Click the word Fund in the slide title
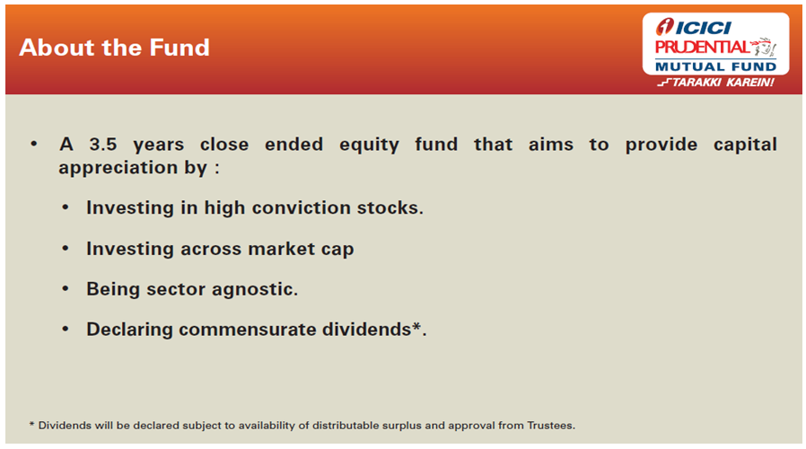(x=180, y=48)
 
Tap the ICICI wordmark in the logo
(x=703, y=27)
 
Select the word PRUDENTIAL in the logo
(x=702, y=48)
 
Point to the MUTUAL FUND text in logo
(x=715, y=66)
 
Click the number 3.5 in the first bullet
(x=103, y=145)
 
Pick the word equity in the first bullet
(x=369, y=145)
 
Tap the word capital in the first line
(x=745, y=145)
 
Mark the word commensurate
(x=247, y=330)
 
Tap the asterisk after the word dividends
(x=416, y=326)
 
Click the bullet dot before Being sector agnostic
(x=66, y=289)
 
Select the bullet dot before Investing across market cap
(x=66, y=249)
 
